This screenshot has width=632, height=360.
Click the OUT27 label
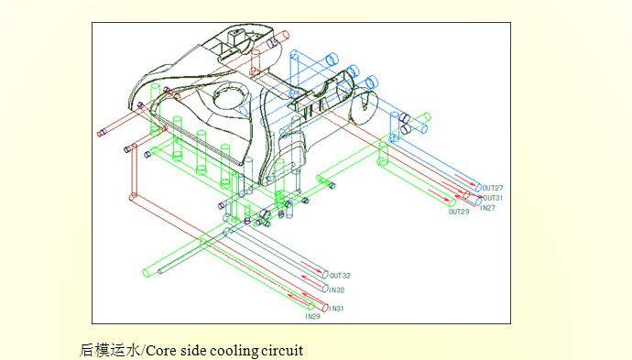pos(493,189)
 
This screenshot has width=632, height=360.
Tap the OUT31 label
pos(493,198)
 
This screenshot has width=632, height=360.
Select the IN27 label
pos(487,208)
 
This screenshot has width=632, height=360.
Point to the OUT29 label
pos(459,212)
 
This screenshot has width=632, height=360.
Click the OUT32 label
pos(340,276)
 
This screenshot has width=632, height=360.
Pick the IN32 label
pos(336,289)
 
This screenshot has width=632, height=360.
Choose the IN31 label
pos(336,309)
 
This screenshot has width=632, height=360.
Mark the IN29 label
pos(312,316)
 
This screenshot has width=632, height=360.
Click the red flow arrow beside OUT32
pos(311,267)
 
